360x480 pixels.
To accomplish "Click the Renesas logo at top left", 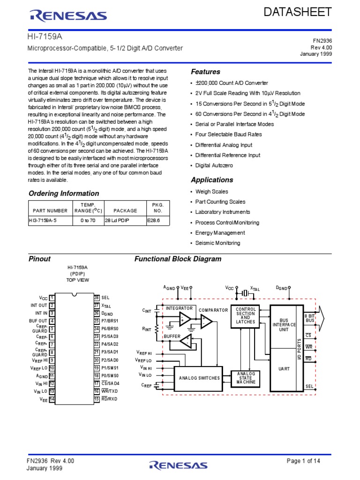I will (67, 16).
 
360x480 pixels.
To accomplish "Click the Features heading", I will (205, 72).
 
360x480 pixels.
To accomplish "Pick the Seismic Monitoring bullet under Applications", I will (217, 243).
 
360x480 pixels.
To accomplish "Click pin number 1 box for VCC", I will (52, 298).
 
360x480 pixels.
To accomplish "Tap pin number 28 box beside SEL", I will (97, 298).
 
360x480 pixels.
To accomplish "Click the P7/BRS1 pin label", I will (110, 321).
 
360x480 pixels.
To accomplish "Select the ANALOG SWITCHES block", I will (199, 378).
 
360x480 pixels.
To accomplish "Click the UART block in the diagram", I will (284, 368).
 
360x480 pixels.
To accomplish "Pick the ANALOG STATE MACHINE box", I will (246, 378).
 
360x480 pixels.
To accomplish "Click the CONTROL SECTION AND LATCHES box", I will (246, 316).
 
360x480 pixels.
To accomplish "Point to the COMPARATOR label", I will (213, 310).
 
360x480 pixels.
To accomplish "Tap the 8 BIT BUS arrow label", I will (310, 318).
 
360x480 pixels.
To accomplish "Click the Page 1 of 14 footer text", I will (303, 461).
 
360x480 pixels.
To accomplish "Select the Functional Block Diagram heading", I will (178, 259).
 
